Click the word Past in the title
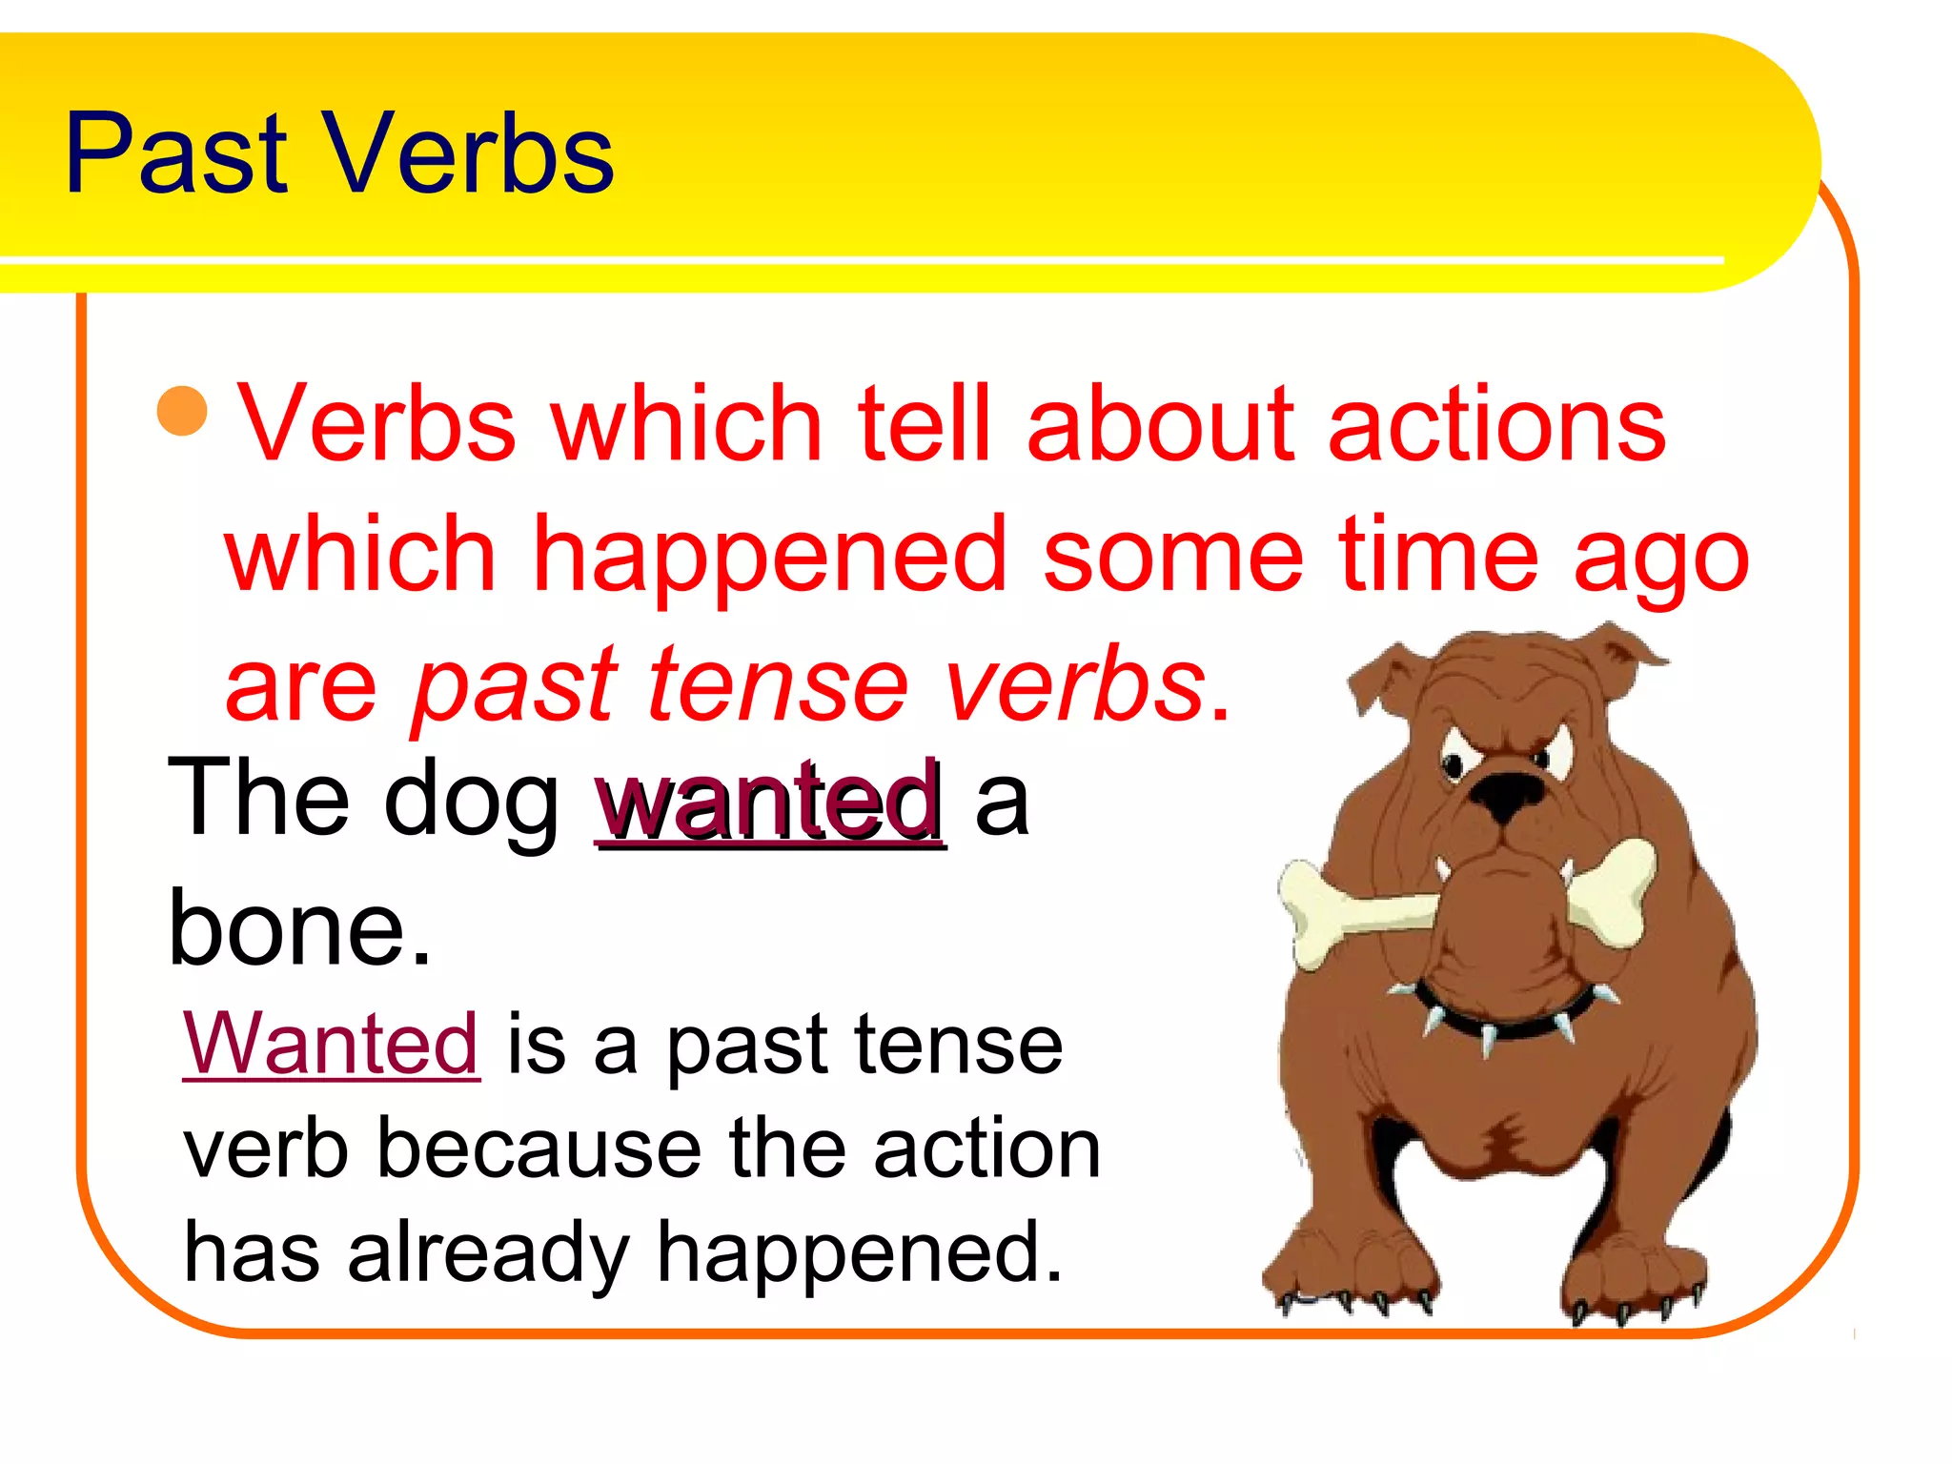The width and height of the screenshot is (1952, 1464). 176,154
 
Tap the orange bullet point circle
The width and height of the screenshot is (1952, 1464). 182,411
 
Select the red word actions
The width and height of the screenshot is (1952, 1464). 1496,424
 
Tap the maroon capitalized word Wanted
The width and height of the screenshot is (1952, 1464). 331,1045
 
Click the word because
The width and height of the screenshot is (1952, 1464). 539,1149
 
